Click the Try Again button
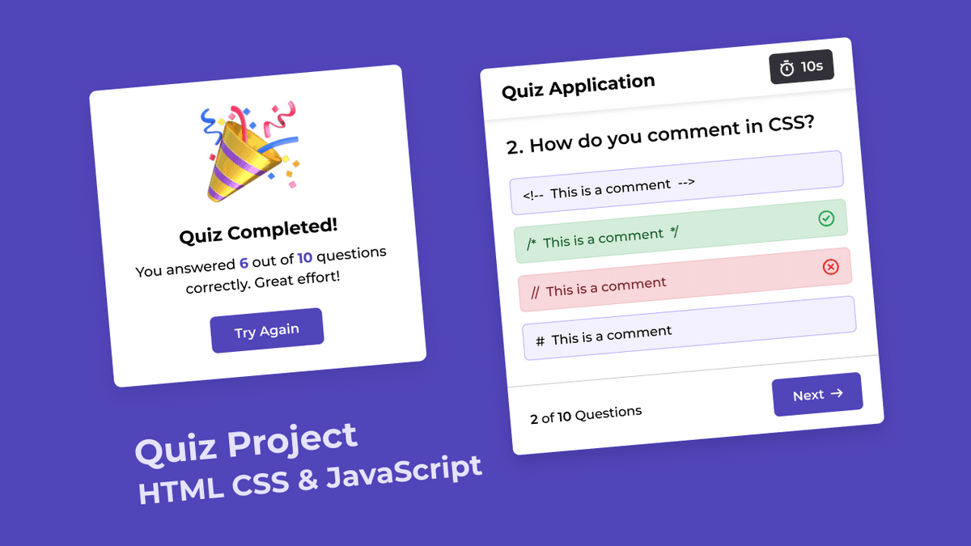point(266,331)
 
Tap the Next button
point(817,395)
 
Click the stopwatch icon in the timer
point(787,69)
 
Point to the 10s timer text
point(812,66)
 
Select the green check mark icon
point(826,218)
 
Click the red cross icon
point(830,267)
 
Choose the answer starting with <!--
point(676,183)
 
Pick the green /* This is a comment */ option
point(681,231)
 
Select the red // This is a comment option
point(685,280)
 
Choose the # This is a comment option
point(689,328)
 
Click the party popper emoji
point(250,151)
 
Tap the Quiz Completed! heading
point(258,231)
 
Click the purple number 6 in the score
point(244,263)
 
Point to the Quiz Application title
point(579,87)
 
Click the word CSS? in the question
point(791,124)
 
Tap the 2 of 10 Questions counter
point(586,415)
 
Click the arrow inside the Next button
point(837,393)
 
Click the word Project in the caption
point(293,439)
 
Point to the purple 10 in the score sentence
point(305,258)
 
